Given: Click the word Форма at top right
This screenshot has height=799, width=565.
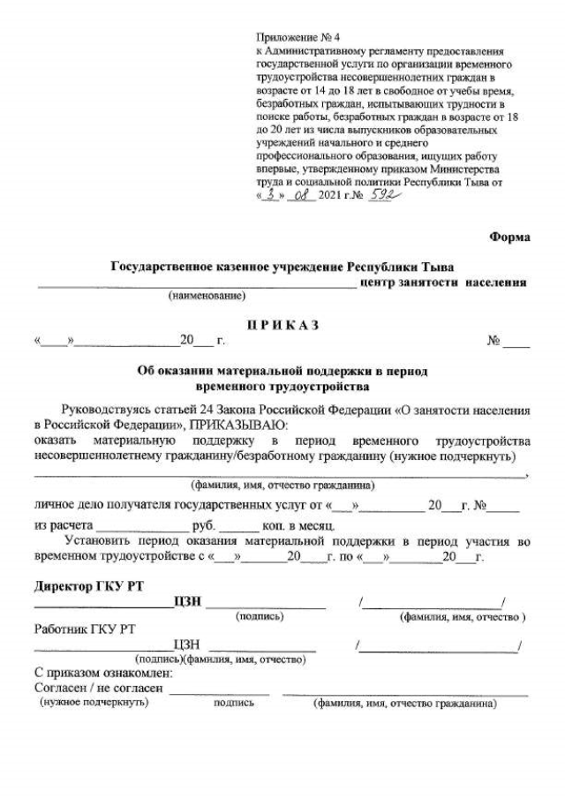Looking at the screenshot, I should [509, 236].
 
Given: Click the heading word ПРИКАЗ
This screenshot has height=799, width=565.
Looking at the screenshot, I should [282, 325].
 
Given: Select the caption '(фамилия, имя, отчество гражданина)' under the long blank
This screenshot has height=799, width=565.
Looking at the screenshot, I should [282, 485].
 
